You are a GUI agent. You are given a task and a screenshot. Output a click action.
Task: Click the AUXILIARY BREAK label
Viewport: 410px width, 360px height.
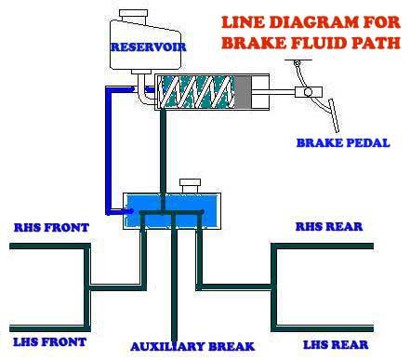[192, 346]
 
